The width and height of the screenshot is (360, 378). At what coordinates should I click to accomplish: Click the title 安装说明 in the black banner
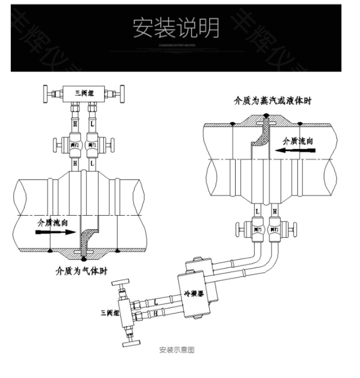point(175,28)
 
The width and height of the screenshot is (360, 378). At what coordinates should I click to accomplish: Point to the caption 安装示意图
point(177,350)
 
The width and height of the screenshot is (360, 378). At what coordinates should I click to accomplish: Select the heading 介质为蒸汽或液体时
point(273,101)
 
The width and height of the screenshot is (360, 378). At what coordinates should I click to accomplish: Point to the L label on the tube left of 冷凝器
point(156,301)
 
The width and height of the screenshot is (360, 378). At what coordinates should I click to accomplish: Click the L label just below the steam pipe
point(257,211)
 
